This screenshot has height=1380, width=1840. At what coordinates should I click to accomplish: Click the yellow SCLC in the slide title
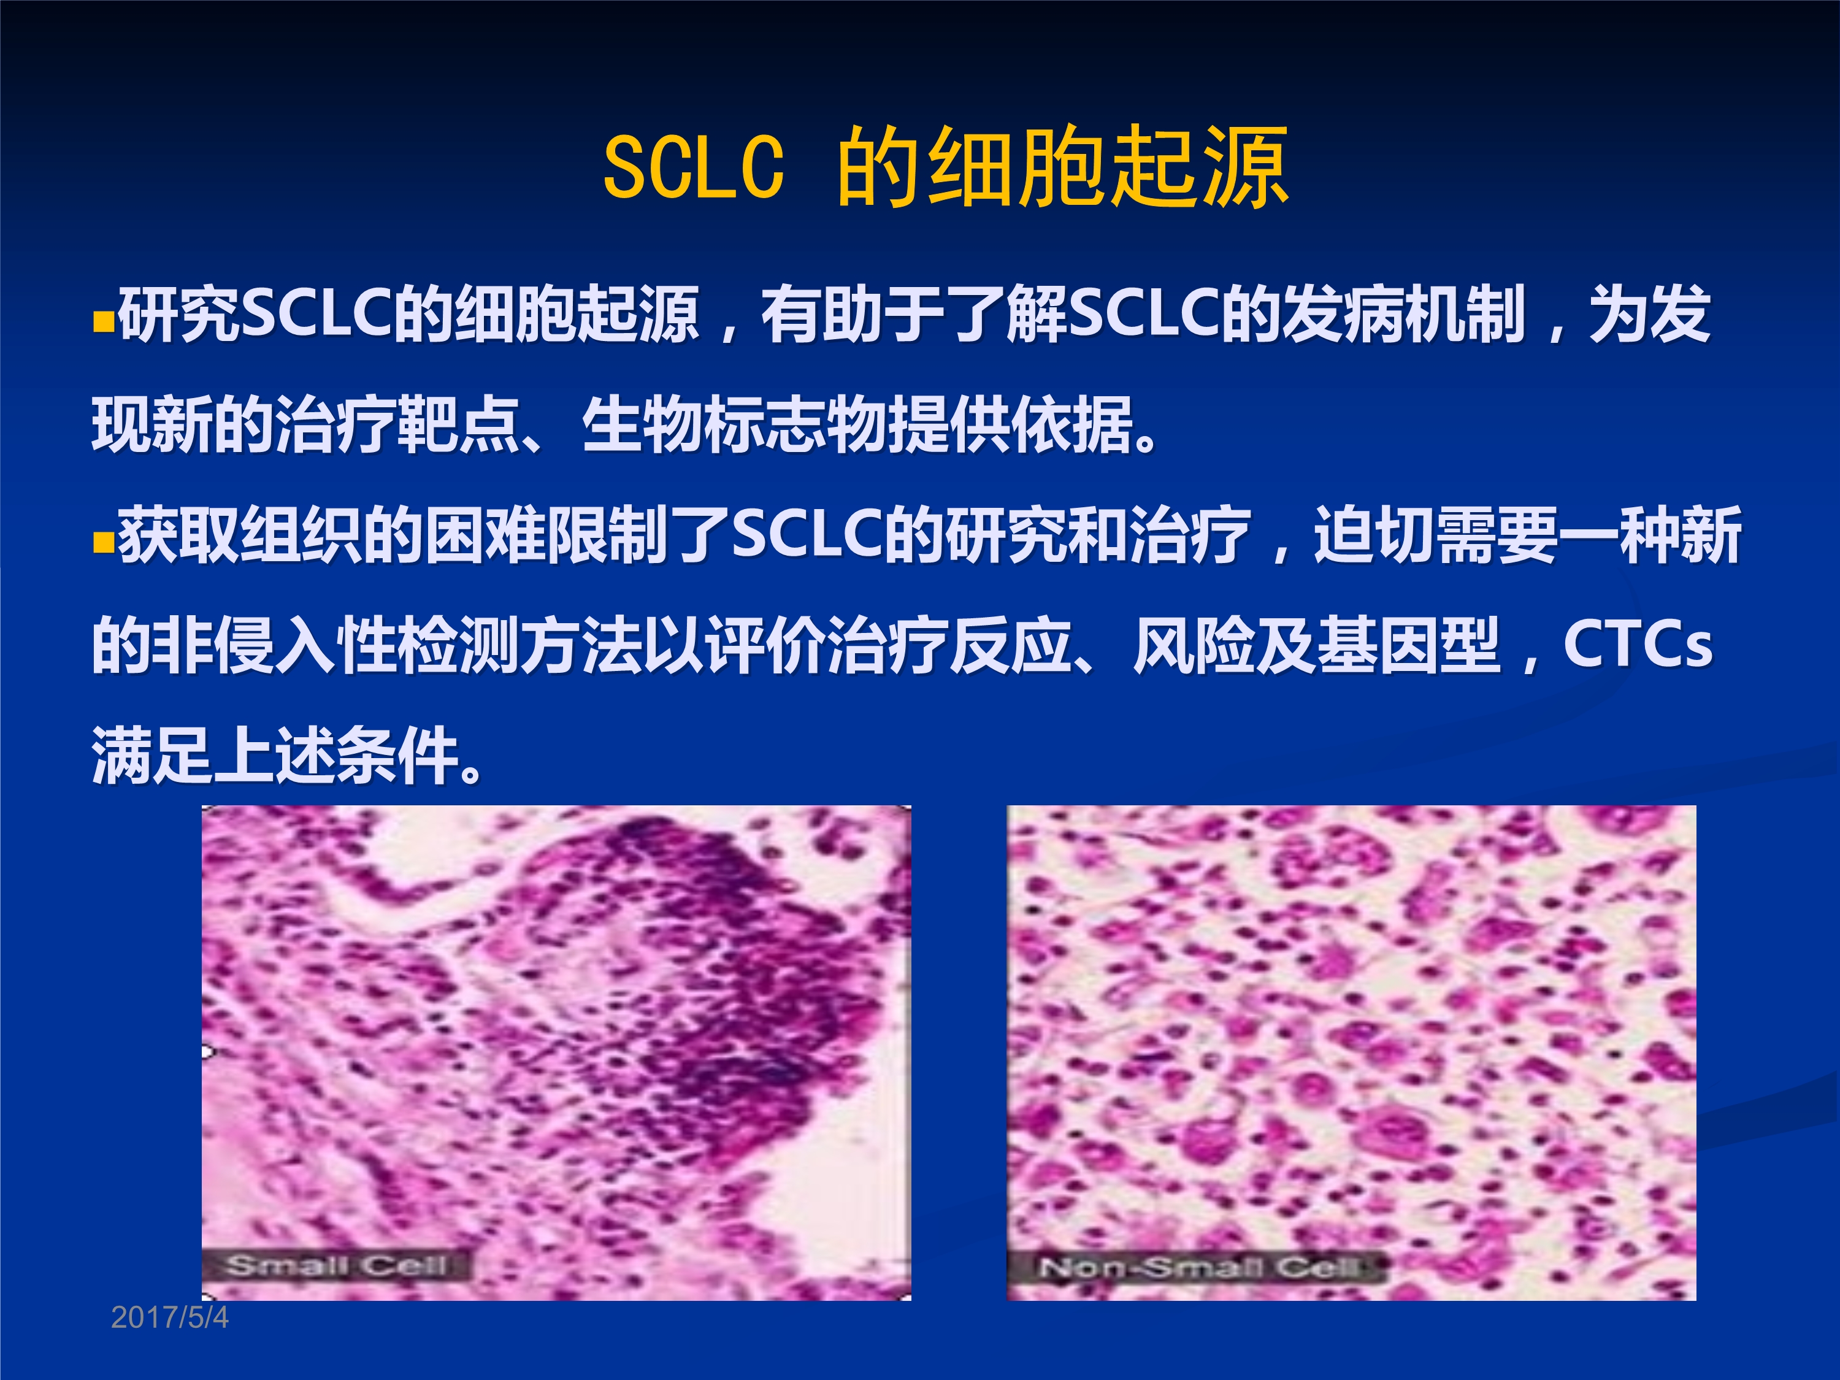[x=694, y=167]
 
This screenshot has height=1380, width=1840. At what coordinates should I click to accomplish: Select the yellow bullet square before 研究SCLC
[x=102, y=322]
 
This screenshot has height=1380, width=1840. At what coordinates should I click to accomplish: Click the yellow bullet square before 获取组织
[x=102, y=544]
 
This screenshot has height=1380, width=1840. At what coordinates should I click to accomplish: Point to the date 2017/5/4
[x=170, y=1317]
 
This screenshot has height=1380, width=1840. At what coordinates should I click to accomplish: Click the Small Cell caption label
[x=336, y=1265]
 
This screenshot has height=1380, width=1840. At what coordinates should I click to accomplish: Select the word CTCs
[x=1638, y=644]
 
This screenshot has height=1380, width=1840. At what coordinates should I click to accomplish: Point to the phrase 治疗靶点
[x=397, y=425]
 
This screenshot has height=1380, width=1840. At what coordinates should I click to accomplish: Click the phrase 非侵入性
[x=275, y=645]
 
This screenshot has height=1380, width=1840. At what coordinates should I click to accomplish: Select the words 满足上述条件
[x=275, y=755]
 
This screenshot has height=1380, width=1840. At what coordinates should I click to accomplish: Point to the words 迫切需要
[x=1435, y=535]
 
